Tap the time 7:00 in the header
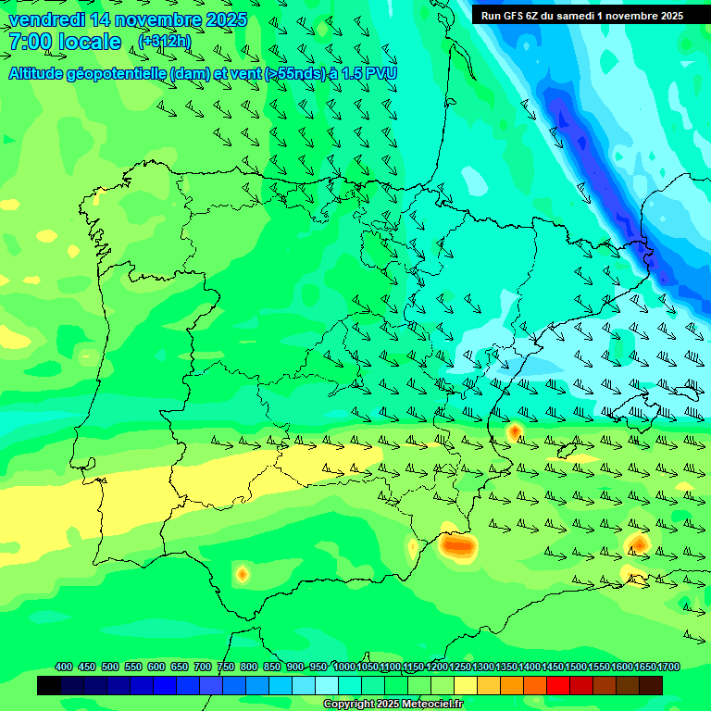(x=28, y=42)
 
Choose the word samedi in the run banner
(x=597, y=16)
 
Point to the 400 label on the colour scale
(x=64, y=667)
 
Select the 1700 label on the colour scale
(x=668, y=667)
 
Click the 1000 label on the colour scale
(x=344, y=667)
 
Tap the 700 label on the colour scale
(x=203, y=667)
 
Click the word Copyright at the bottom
(x=349, y=705)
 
